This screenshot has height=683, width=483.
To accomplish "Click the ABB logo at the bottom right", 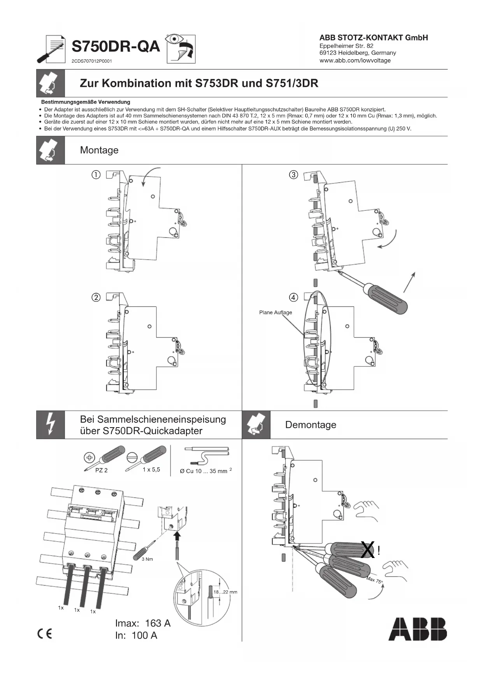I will click(x=418, y=629).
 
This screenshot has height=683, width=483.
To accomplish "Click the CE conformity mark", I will click(x=44, y=634).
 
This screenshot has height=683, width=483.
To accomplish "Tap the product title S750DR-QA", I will click(x=116, y=47).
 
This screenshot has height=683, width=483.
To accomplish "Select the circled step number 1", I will click(x=96, y=175).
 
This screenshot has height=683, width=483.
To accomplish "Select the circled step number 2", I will click(x=96, y=297).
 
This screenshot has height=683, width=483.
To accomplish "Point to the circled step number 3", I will click(x=293, y=175).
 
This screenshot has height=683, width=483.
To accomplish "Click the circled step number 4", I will click(x=293, y=297).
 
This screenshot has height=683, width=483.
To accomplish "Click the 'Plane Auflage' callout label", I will click(x=275, y=312).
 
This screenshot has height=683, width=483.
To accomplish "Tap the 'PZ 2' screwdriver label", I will click(x=101, y=470).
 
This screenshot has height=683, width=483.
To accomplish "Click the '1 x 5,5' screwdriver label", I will click(x=151, y=470).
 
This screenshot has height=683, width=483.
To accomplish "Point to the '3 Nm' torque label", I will click(x=147, y=559).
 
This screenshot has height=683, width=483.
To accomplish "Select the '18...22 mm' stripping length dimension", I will click(x=225, y=592).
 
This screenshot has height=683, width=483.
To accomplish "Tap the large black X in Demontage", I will click(x=368, y=550).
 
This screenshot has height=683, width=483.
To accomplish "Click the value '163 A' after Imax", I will click(x=158, y=623).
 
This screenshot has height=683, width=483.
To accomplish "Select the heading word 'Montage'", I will click(x=99, y=150).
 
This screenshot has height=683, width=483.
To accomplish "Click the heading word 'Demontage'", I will click(x=311, y=425).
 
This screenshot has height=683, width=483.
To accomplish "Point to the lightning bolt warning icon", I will click(x=51, y=425).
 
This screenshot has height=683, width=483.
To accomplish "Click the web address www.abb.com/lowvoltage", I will click(x=355, y=60).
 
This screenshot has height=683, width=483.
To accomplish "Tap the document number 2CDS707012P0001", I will click(x=92, y=61).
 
